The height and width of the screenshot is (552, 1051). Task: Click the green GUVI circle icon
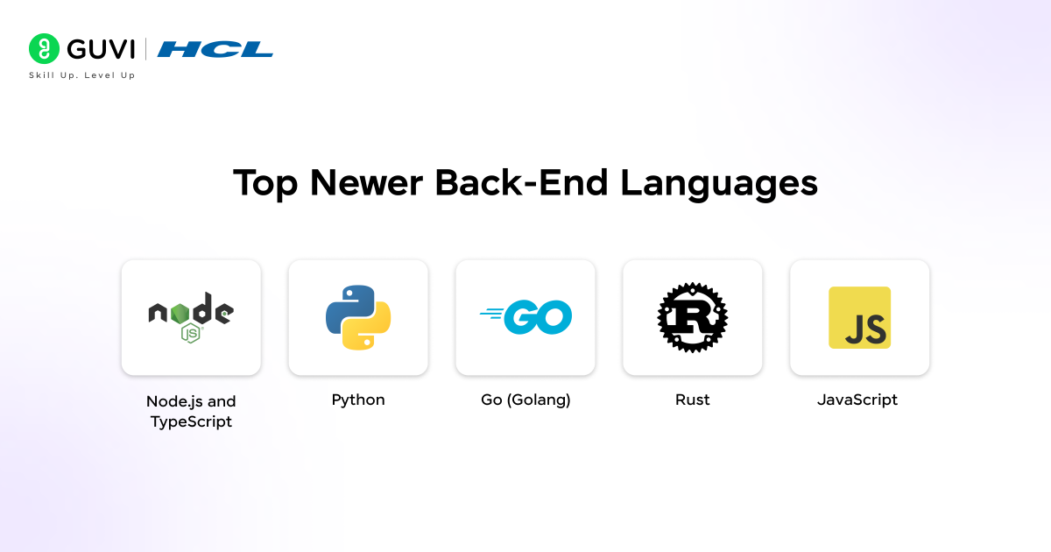(x=44, y=49)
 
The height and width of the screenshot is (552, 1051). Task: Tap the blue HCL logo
(x=215, y=49)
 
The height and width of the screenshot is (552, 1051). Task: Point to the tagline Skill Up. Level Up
(x=82, y=75)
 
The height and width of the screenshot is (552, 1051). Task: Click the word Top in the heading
(x=265, y=183)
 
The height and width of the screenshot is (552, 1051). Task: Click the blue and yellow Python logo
(x=358, y=317)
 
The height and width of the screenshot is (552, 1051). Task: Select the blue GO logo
(x=525, y=316)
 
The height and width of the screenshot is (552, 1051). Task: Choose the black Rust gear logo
(x=693, y=317)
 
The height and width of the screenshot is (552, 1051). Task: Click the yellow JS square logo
(x=859, y=317)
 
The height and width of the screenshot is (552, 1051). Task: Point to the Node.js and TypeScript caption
(x=191, y=411)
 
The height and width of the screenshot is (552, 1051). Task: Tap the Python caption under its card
(x=358, y=400)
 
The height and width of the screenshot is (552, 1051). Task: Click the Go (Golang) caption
(x=525, y=400)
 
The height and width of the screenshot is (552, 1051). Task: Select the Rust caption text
(x=693, y=400)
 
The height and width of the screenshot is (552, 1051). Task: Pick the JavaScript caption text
(x=857, y=400)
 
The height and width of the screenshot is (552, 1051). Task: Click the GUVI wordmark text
(x=101, y=49)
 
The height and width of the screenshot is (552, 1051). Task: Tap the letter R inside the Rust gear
(x=692, y=316)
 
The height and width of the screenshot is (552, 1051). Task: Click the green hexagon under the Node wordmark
(x=190, y=332)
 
